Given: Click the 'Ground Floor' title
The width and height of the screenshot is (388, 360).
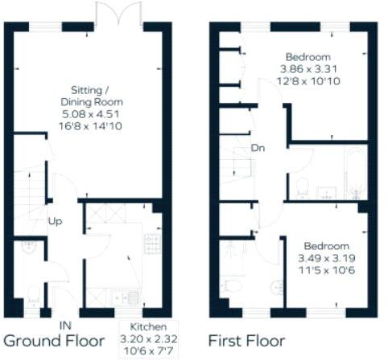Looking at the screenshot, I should coord(54,342).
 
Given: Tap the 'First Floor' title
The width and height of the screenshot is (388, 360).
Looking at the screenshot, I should coord(246,342).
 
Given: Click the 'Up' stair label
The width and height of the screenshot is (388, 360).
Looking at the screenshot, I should coord(57,222).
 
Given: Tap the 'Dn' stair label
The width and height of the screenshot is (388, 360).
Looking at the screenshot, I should coord(258,148).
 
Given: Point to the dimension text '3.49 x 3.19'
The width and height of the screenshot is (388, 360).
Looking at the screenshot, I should coord(327,258).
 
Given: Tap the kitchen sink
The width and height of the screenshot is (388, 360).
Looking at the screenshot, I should coord(133,299).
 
